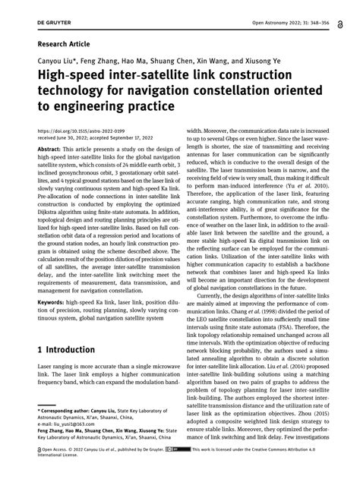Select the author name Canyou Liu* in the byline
tap(58, 62)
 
